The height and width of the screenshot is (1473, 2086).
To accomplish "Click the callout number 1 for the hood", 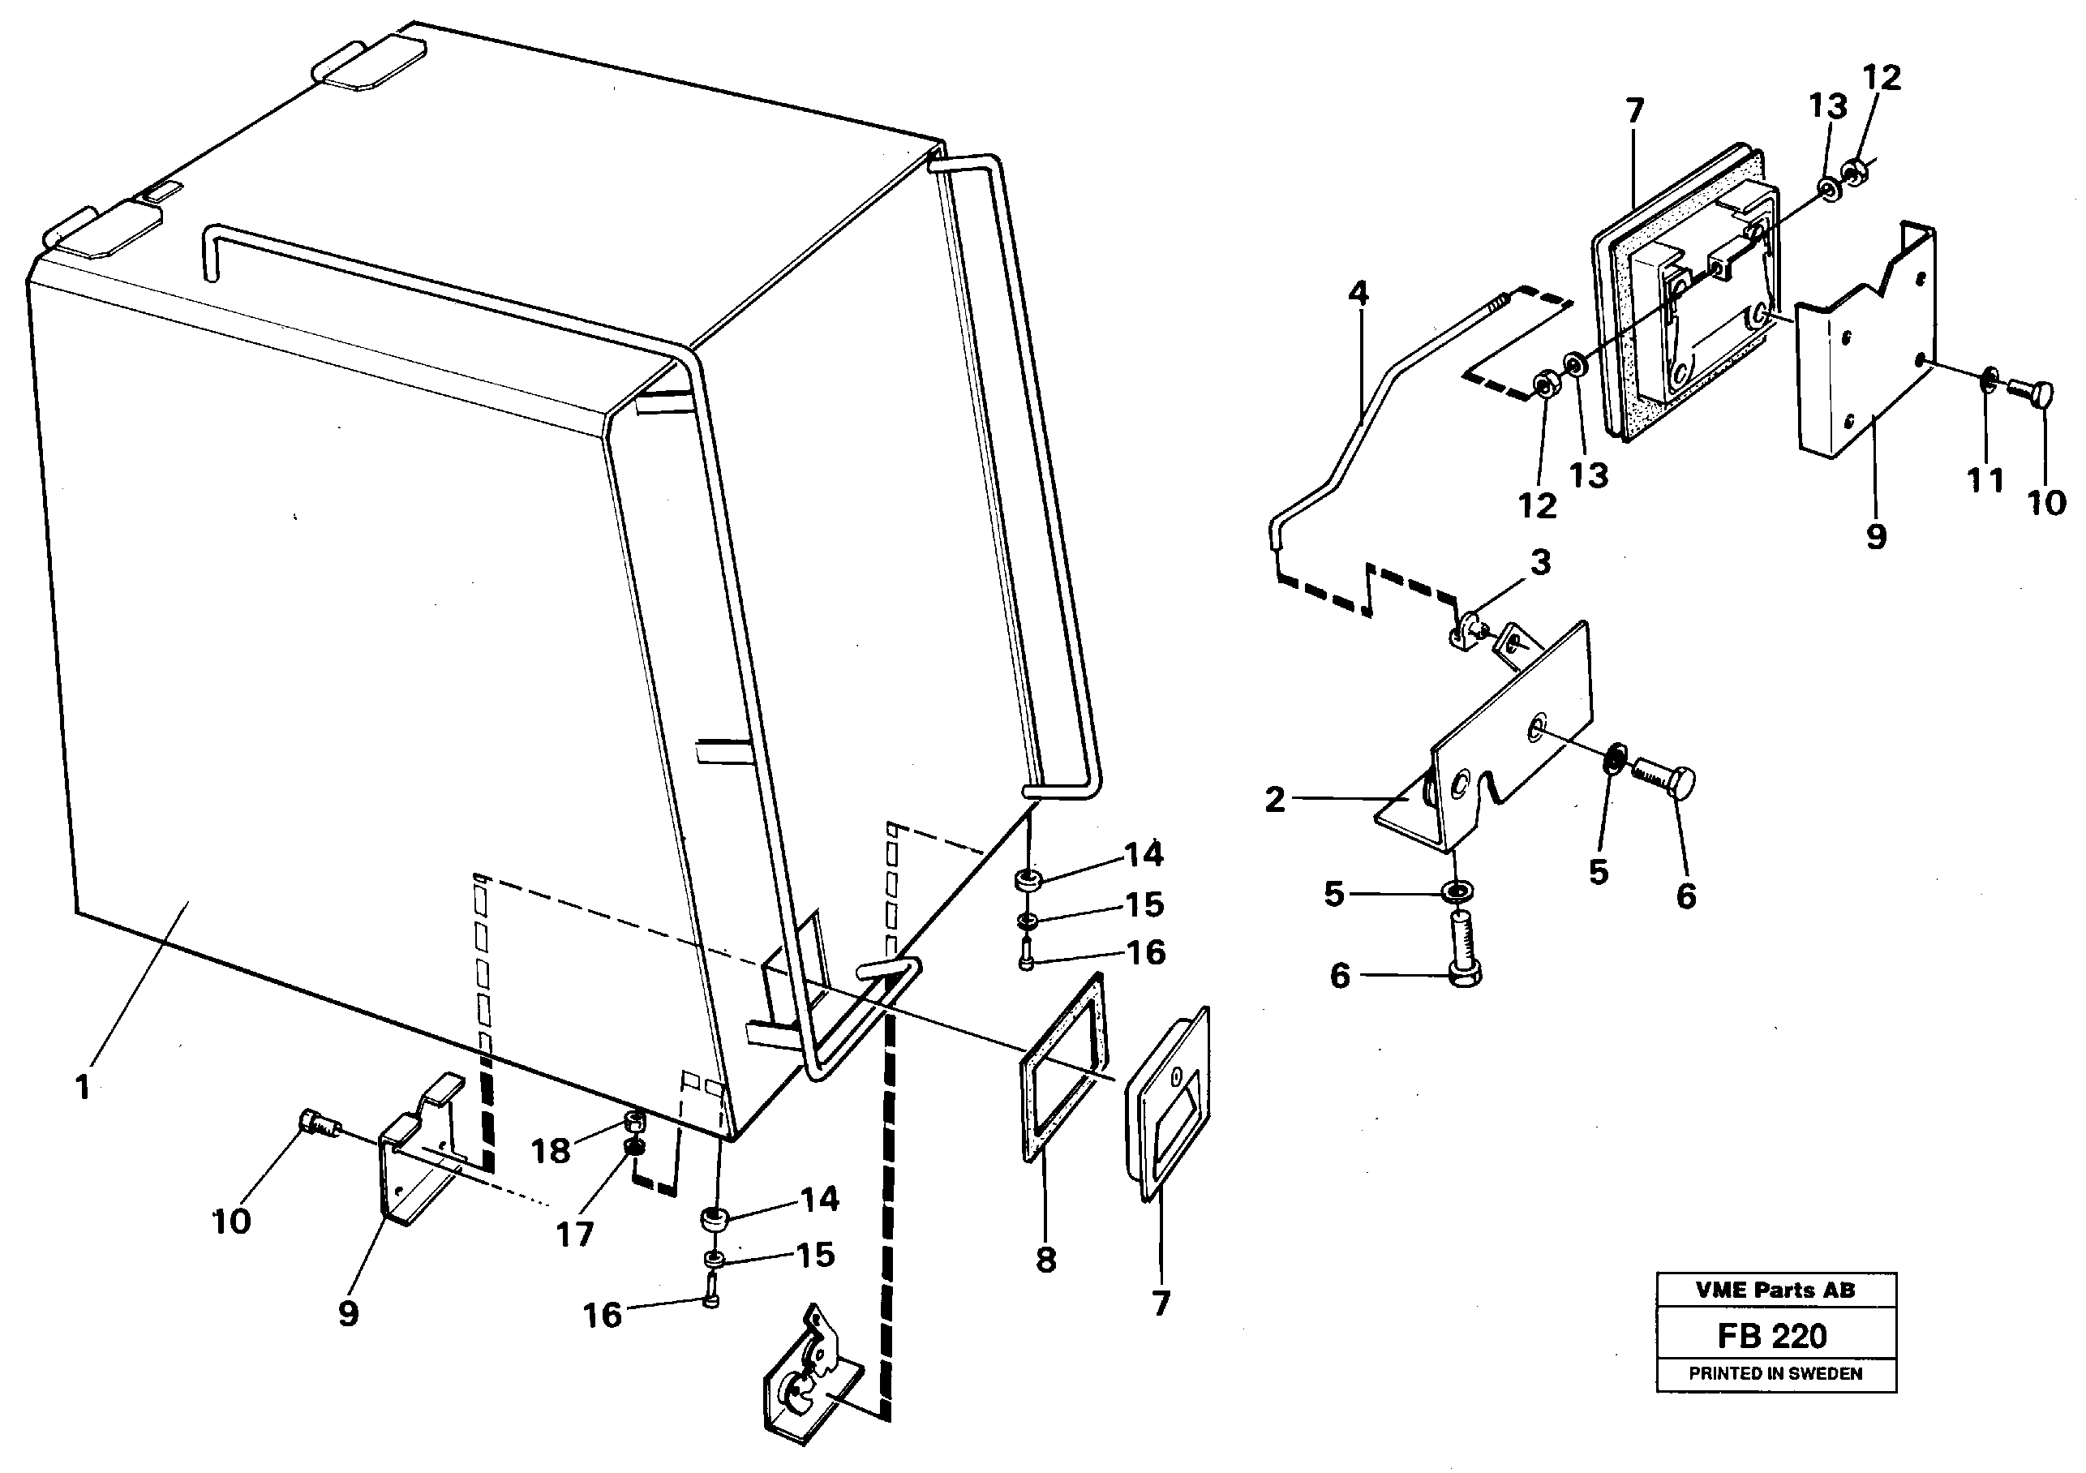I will pyautogui.click(x=83, y=1087).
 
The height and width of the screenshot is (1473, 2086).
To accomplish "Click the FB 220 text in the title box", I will pyautogui.click(x=1773, y=1336).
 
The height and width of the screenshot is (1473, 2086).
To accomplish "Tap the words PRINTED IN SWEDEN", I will pyautogui.click(x=1775, y=1374).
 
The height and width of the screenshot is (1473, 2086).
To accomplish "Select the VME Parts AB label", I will pyautogui.click(x=1775, y=1290).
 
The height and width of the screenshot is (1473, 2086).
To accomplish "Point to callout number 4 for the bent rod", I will pyautogui.click(x=1358, y=294).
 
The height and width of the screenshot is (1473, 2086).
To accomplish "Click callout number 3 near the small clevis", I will pyautogui.click(x=1541, y=561).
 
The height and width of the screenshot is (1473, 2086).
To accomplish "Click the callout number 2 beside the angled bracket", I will pyautogui.click(x=1276, y=800).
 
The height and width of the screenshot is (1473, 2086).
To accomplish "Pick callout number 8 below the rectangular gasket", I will pyautogui.click(x=1045, y=1260).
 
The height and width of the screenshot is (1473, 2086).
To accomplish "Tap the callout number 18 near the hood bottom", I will pyautogui.click(x=551, y=1151).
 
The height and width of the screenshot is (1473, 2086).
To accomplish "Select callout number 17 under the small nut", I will pyautogui.click(x=574, y=1233).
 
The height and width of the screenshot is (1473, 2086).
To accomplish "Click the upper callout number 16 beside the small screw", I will pyautogui.click(x=1146, y=952).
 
